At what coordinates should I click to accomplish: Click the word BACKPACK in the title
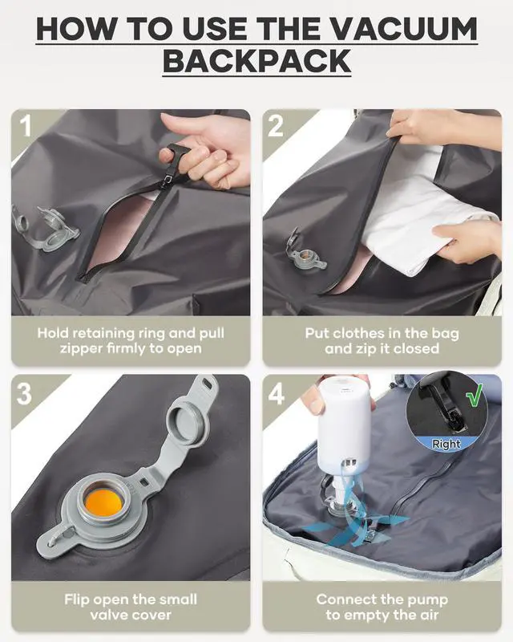click(x=256, y=61)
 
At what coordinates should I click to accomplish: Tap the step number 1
click(x=26, y=127)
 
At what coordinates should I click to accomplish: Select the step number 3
click(x=26, y=393)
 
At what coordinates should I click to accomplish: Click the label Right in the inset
click(x=446, y=444)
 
